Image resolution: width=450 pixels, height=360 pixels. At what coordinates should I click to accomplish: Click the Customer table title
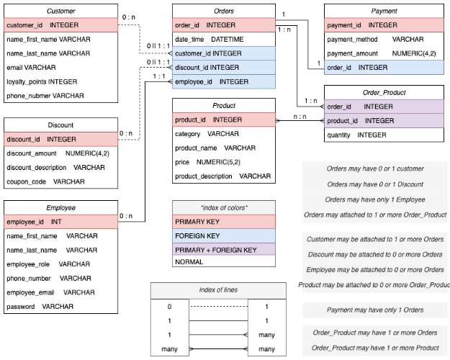tap(60, 12)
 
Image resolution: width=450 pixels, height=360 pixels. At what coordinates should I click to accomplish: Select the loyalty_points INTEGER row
tap(42, 81)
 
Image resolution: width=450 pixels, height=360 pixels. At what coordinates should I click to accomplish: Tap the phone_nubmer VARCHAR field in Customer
tap(45, 95)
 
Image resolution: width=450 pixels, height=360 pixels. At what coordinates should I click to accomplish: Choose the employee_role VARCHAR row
tap(48, 264)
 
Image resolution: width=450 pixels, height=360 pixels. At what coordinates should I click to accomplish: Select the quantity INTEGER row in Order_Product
tap(356, 135)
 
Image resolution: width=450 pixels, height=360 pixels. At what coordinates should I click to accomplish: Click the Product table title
tap(224, 105)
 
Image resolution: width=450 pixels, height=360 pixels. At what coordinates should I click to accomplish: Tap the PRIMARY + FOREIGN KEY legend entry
tap(216, 249)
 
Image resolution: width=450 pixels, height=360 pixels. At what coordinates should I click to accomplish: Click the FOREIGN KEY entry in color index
tap(199, 235)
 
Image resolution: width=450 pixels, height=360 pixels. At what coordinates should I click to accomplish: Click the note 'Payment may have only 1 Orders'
tap(374, 310)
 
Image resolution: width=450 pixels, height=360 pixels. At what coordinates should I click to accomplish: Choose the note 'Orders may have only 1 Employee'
tap(374, 199)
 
